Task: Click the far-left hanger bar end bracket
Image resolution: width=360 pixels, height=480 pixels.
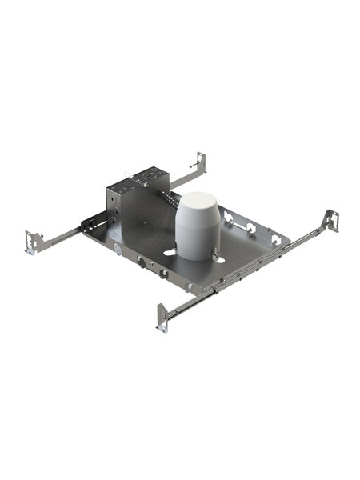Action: tap(33, 242)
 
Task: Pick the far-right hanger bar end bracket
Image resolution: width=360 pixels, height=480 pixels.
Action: tap(330, 220)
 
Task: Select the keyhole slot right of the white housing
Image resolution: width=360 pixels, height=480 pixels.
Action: tap(220, 255)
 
